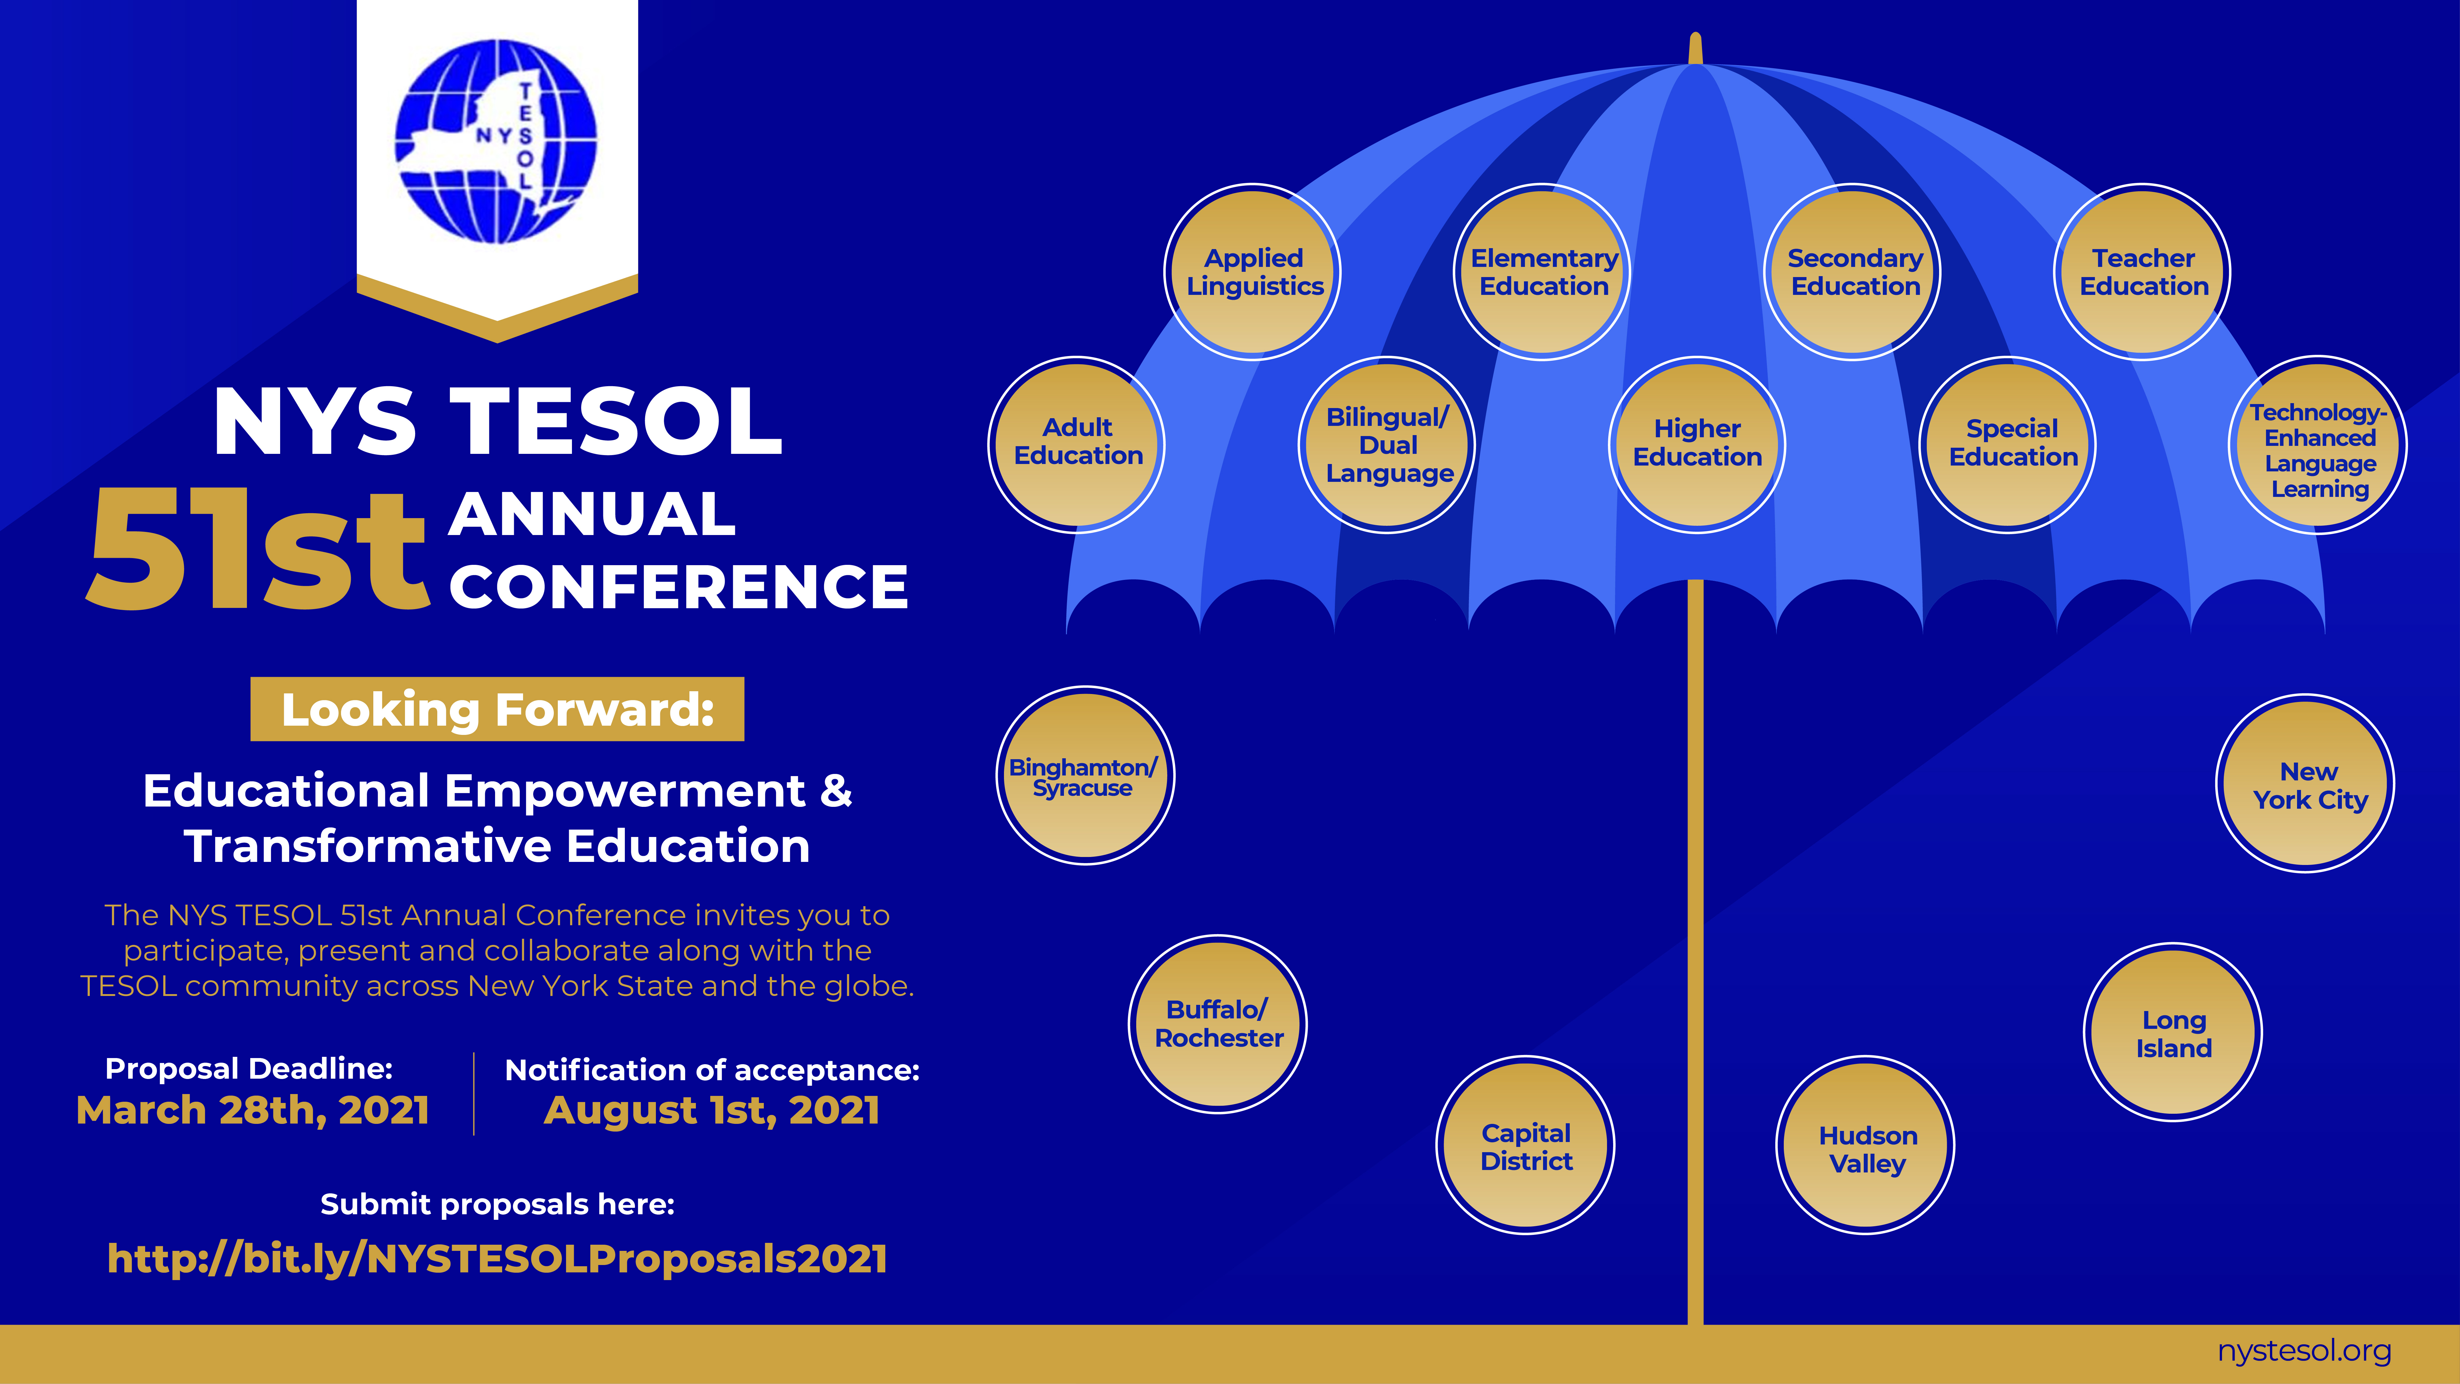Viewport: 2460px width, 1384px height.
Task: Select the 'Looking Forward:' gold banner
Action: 497,709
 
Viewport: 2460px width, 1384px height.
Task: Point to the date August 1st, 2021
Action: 712,1110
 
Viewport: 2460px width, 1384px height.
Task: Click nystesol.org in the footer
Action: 2304,1350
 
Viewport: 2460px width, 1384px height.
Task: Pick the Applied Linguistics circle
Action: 1253,272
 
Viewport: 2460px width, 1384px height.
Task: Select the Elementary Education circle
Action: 1543,272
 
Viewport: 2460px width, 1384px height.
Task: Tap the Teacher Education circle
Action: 2143,272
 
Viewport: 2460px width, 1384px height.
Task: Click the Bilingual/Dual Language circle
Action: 1387,445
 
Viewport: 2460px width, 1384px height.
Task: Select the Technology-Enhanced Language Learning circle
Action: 2319,445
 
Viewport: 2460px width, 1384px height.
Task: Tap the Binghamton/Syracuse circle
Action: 1085,775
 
